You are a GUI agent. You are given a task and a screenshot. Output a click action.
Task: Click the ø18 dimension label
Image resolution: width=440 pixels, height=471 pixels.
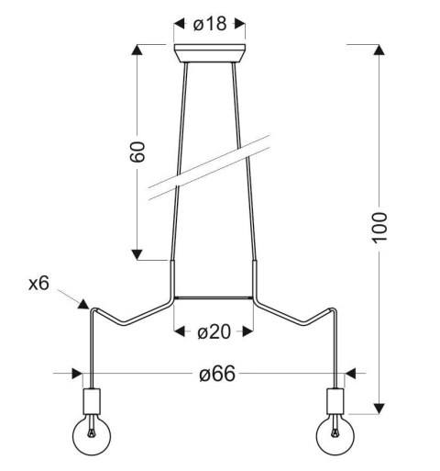211,24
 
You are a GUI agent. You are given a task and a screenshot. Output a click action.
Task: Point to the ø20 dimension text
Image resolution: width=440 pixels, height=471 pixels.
213,332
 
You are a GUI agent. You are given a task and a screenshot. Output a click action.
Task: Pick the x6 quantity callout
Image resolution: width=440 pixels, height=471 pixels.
38,284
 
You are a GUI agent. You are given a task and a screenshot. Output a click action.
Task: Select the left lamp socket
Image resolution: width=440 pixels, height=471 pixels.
90,400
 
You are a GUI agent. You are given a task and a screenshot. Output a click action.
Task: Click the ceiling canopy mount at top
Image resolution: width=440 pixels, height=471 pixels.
211,51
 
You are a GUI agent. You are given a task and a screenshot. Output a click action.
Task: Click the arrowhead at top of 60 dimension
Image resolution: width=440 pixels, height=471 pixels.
137,51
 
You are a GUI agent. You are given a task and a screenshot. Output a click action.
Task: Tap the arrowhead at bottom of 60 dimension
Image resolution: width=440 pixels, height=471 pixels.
137,253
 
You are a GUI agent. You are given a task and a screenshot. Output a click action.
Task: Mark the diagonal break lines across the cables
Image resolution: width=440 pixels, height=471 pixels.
211,169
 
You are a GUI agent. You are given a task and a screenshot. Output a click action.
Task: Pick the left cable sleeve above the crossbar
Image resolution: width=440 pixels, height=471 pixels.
172,278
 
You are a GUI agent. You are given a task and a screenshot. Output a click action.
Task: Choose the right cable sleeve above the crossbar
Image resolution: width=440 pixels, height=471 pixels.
254,278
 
